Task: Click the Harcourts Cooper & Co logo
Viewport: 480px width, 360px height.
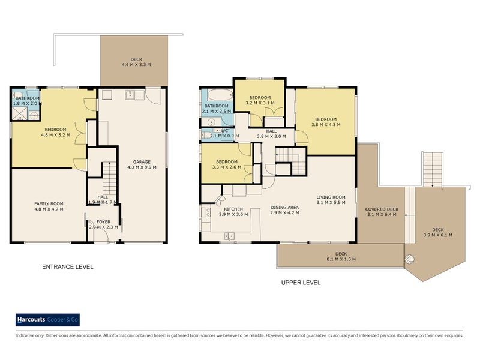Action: click(x=47, y=320)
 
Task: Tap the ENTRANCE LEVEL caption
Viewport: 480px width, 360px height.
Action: click(x=67, y=267)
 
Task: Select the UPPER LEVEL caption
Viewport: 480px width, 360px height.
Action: click(x=301, y=282)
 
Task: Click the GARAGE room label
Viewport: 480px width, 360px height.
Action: click(x=142, y=162)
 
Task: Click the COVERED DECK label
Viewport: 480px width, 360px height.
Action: click(x=382, y=209)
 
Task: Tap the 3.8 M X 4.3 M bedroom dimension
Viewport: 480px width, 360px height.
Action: click(x=326, y=125)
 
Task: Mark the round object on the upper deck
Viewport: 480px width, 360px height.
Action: click(x=410, y=260)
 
